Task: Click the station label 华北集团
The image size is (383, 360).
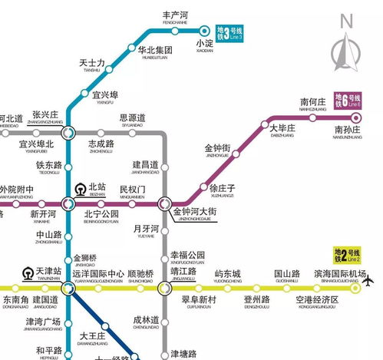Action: point(155,51)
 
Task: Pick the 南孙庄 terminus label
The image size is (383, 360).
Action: point(347,132)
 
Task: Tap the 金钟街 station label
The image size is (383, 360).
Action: point(217,150)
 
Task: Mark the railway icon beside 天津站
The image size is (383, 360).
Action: point(27,273)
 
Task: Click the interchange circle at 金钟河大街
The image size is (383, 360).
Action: point(164,203)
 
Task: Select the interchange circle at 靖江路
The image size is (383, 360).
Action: point(164,287)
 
